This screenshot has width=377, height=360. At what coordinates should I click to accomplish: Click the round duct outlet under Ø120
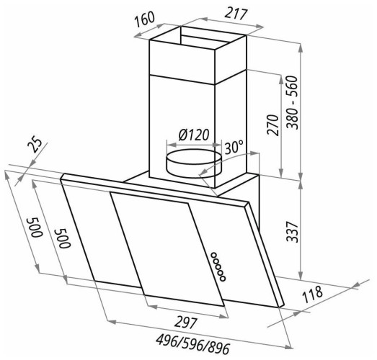(x=194, y=163)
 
